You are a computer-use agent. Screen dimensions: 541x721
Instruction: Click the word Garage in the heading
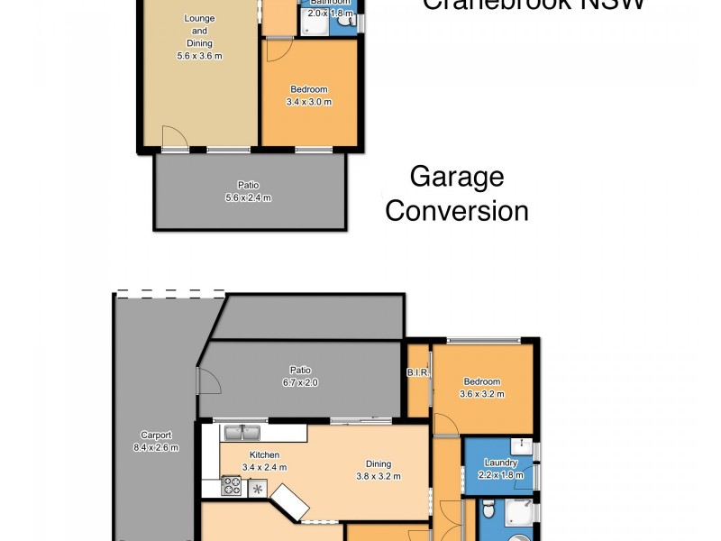456,178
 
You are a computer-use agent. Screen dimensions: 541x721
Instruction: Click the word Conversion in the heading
456,211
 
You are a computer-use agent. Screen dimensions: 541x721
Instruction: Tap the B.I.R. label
416,371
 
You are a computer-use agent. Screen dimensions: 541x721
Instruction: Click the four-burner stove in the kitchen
233,488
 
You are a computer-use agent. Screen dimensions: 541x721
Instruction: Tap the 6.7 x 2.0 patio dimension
299,382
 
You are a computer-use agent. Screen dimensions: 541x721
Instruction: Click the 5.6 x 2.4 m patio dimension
248,197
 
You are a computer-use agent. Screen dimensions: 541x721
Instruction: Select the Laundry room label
500,463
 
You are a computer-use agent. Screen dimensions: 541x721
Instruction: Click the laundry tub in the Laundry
521,445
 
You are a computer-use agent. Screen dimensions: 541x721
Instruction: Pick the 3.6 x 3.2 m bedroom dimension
482,393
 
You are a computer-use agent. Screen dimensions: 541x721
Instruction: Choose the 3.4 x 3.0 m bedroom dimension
309,102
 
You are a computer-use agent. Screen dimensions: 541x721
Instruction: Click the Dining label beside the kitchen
377,463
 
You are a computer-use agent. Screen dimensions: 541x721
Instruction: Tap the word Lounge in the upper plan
199,19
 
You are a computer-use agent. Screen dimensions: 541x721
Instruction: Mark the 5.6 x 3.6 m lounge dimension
199,56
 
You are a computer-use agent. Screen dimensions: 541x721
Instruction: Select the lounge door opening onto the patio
174,139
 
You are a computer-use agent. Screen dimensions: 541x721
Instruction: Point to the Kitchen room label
264,454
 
